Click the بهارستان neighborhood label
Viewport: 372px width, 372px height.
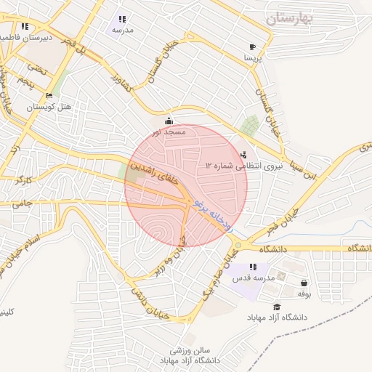[x=298, y=18]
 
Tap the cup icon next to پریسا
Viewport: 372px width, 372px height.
[x=252, y=46]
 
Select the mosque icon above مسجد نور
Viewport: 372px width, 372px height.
[x=169, y=121]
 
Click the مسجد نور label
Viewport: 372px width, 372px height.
[x=169, y=132]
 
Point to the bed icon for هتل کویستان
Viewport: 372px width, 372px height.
[x=49, y=96]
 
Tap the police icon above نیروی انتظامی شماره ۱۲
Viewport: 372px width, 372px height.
[x=243, y=154]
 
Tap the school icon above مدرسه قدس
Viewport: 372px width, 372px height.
[x=253, y=267]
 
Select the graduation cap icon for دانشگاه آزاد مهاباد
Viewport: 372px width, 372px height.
[x=277, y=307]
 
